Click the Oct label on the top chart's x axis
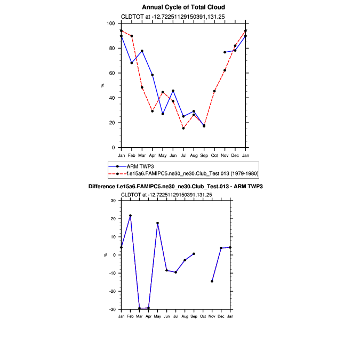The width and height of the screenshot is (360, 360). coord(214,155)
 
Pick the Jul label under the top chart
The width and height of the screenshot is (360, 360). coord(183,155)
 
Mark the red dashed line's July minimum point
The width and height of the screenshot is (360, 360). coord(183,128)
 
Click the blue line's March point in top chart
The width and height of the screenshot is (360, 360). coord(142,51)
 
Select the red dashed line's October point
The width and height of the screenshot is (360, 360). coord(214,91)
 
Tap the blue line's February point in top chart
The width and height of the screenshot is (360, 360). coord(132,63)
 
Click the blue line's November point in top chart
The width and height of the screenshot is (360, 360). coord(225,52)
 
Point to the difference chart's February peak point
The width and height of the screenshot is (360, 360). coord(130,215)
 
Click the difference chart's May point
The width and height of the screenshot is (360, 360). coord(157,223)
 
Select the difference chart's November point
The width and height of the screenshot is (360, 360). coord(212,281)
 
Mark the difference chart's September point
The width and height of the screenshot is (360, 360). coord(194,254)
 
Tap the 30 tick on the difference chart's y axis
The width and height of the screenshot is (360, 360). coord(114,201)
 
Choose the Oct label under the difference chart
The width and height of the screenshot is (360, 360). coord(203,317)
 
